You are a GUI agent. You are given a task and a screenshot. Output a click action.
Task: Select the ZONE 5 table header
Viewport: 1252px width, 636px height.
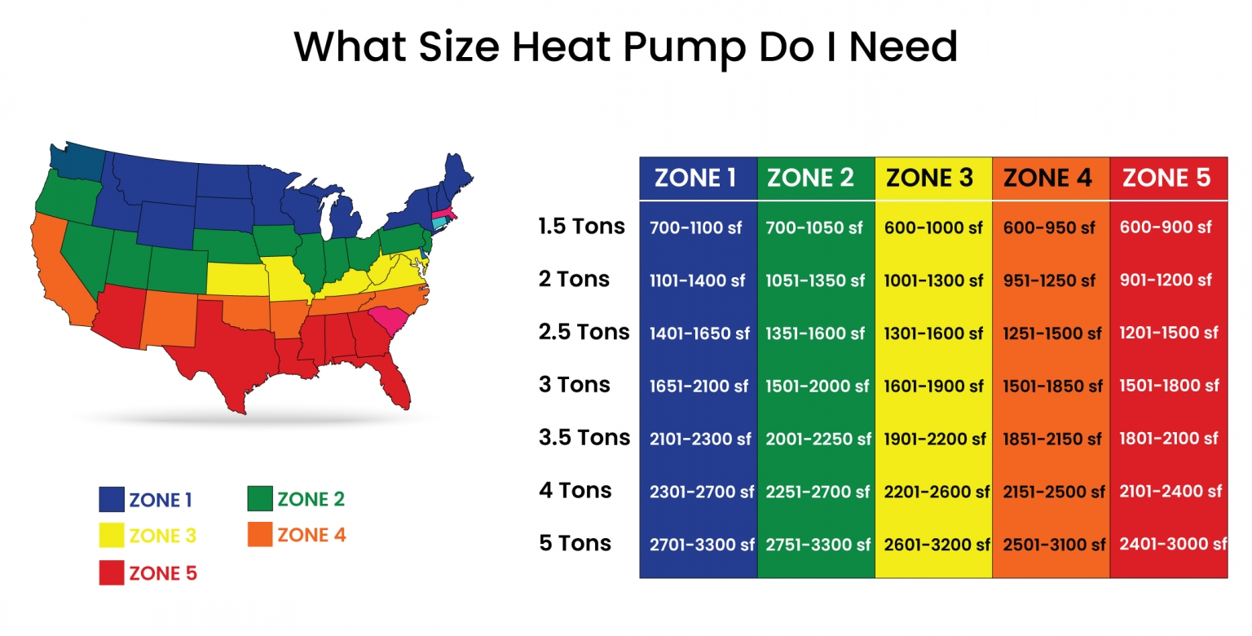click(1166, 178)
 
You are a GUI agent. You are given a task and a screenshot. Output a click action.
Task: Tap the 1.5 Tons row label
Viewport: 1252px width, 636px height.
click(581, 226)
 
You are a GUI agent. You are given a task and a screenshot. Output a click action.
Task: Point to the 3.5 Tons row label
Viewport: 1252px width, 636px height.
click(584, 437)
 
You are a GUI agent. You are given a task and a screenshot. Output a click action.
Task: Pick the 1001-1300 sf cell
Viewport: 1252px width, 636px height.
click(933, 280)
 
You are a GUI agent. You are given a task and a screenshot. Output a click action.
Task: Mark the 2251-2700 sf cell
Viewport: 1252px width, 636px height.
click(817, 492)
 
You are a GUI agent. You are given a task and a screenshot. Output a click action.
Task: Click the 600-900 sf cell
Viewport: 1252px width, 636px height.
click(1166, 227)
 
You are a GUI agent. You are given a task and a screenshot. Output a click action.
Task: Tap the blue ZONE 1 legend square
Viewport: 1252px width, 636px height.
click(112, 499)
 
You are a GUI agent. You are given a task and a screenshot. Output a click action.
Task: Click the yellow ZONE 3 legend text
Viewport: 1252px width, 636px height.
click(162, 536)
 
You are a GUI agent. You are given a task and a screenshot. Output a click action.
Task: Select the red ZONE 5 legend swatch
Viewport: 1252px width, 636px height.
click(112, 573)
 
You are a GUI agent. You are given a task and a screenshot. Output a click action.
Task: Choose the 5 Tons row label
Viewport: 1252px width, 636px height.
click(575, 543)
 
